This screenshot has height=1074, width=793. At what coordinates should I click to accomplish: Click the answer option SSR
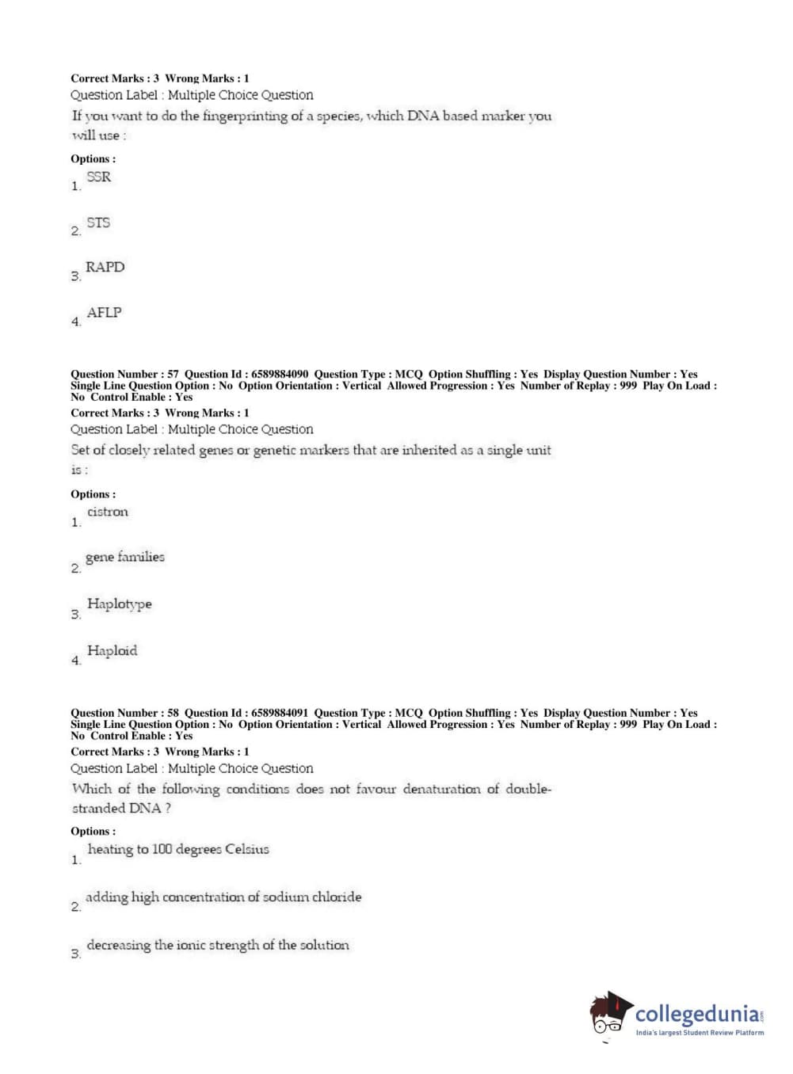(99, 177)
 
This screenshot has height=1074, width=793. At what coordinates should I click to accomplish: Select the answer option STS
(98, 223)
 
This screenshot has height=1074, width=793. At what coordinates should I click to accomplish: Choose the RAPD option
(105, 268)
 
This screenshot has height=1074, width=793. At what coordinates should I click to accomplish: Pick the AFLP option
(104, 313)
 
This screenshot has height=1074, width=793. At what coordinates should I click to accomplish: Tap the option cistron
(108, 512)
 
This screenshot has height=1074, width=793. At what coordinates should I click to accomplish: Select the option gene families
(125, 557)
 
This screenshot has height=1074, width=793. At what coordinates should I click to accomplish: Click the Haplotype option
(119, 604)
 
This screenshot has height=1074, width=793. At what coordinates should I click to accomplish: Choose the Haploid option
(112, 650)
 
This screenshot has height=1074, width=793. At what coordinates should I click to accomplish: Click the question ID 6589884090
(280, 374)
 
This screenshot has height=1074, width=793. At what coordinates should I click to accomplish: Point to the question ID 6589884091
(280, 713)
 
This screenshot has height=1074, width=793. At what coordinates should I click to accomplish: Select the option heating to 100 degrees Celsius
(178, 849)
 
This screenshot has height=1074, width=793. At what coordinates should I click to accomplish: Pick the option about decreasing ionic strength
(218, 945)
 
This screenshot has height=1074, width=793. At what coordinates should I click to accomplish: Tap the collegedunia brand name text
(697, 1014)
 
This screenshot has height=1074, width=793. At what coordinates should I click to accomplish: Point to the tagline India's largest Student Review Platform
(700, 1033)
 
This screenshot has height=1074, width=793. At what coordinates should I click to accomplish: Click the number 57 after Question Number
(173, 374)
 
